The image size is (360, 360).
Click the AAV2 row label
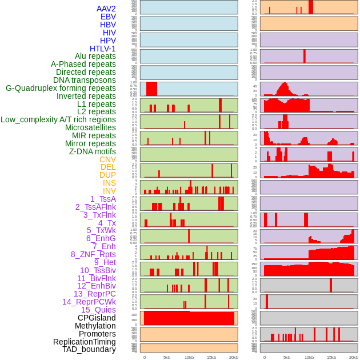(106, 9)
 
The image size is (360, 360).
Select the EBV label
(108, 17)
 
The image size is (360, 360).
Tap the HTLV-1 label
(102, 49)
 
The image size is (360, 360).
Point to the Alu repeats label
(95, 56)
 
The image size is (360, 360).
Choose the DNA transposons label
(85, 80)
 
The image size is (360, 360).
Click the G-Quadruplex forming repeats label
(61, 88)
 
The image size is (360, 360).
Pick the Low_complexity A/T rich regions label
(58, 119)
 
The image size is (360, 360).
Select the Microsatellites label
(90, 127)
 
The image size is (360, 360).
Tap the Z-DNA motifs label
(92, 151)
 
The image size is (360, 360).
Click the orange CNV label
(107, 159)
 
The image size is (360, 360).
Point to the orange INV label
(109, 191)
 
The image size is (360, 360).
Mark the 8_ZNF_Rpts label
(93, 254)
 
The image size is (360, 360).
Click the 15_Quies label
(98, 310)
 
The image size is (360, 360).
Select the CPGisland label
(97, 318)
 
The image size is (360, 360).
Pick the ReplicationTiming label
(84, 342)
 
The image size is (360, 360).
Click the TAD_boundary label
(89, 349)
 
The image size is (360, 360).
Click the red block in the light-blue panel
(151, 89)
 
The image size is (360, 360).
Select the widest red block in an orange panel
(189, 318)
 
